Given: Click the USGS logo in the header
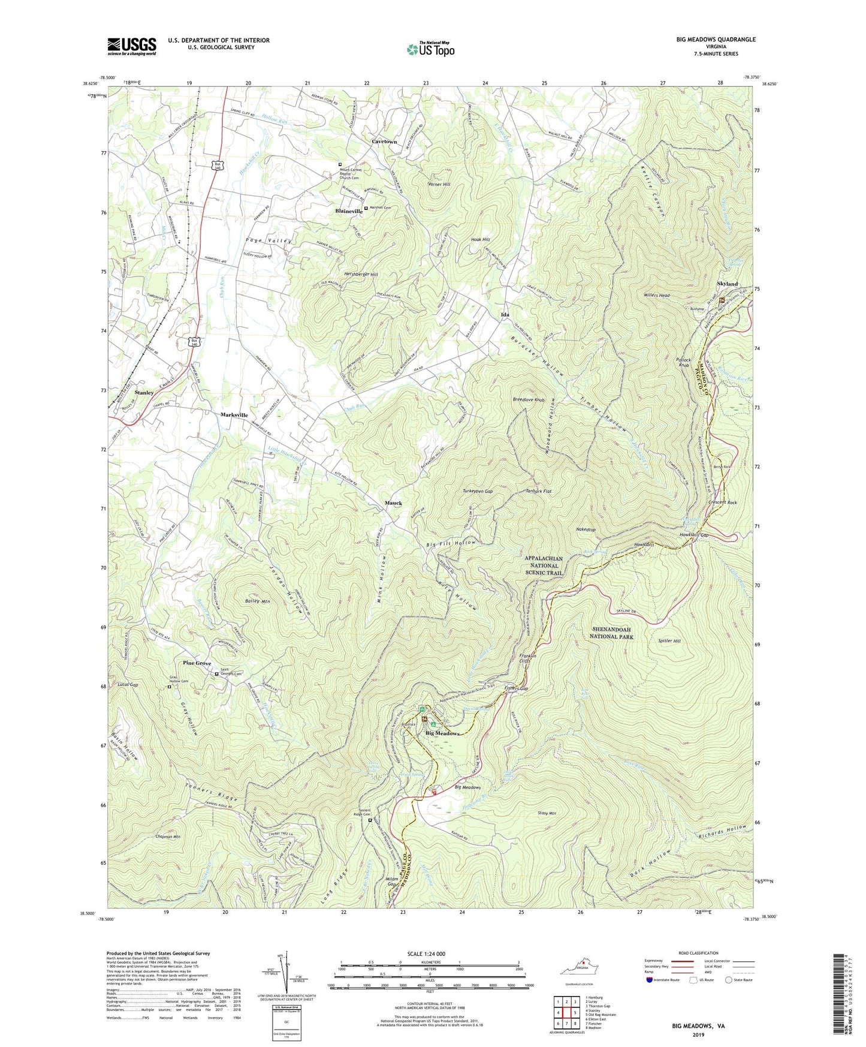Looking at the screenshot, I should click(x=132, y=46).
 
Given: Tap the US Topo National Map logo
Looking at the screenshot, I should click(x=430, y=49).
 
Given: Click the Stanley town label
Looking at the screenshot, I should click(x=144, y=393).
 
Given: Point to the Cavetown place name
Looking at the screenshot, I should click(x=384, y=142).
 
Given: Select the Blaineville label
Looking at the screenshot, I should click(x=349, y=212).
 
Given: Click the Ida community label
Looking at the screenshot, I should click(x=505, y=315).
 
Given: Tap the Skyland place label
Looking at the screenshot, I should click(x=727, y=284).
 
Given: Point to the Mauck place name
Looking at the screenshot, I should click(x=393, y=503).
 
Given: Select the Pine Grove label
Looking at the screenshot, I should click(x=197, y=663).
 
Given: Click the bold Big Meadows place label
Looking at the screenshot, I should click(x=442, y=733).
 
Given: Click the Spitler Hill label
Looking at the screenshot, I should click(x=669, y=641).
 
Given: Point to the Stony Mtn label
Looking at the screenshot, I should click(x=548, y=814).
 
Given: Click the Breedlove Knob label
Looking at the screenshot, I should click(x=529, y=399).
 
